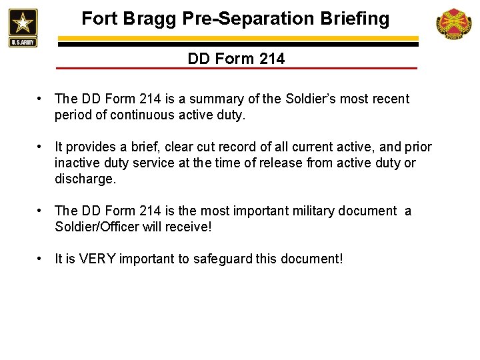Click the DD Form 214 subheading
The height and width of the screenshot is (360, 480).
(x=236, y=59)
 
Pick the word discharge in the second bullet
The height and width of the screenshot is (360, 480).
(x=84, y=179)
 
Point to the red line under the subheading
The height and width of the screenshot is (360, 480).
(x=236, y=69)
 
